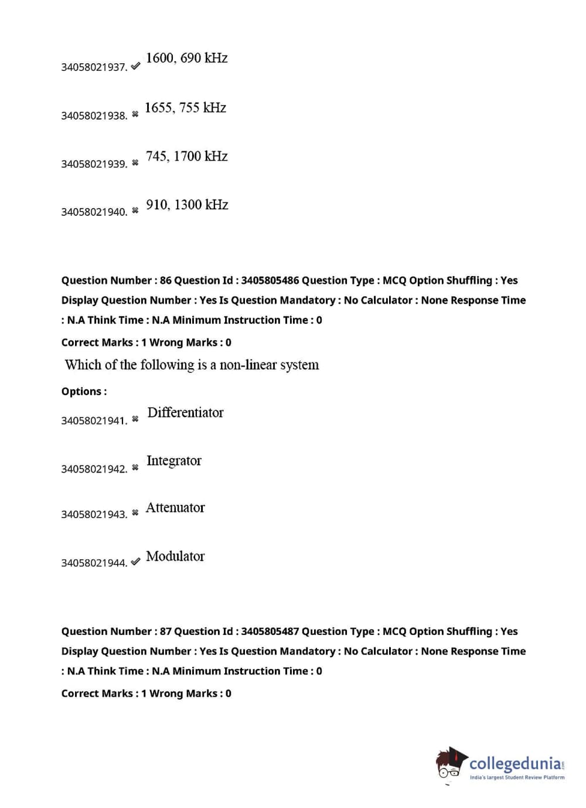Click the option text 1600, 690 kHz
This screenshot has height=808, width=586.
pyautogui.click(x=186, y=58)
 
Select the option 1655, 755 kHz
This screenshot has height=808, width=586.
pyautogui.click(x=185, y=108)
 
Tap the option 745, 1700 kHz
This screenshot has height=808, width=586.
pyautogui.click(x=186, y=157)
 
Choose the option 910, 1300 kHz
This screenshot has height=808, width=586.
pyautogui.click(x=187, y=205)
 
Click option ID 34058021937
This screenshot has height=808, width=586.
pyautogui.click(x=94, y=67)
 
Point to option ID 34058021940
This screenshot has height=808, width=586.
pyautogui.click(x=94, y=212)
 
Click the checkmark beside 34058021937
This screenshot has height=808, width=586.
pyautogui.click(x=135, y=66)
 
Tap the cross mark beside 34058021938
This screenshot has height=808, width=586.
pyautogui.click(x=135, y=114)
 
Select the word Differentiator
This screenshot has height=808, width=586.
pyautogui.click(x=185, y=413)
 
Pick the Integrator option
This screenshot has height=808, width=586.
pyautogui.click(x=173, y=461)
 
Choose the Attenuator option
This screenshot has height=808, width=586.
pyautogui.click(x=175, y=508)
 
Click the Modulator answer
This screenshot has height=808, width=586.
pyautogui.click(x=175, y=556)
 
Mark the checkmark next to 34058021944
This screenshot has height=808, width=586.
pyautogui.click(x=135, y=562)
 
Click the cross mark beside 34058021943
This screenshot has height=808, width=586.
pyautogui.click(x=135, y=513)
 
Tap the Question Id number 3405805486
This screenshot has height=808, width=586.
pyautogui.click(x=270, y=281)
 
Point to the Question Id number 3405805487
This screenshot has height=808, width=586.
pyautogui.click(x=270, y=632)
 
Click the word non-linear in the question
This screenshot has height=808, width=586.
pyautogui.click(x=247, y=365)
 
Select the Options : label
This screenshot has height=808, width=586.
pyautogui.click(x=84, y=392)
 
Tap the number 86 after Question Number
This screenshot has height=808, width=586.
pyautogui.click(x=166, y=281)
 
